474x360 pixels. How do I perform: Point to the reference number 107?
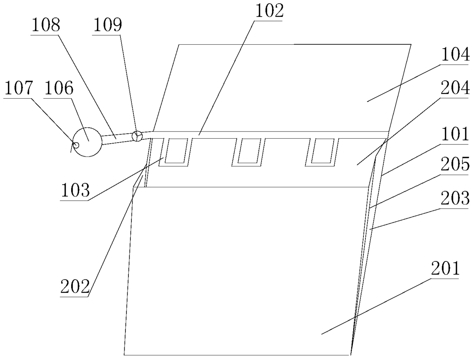(x=18, y=89)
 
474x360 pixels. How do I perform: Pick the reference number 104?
(x=455, y=56)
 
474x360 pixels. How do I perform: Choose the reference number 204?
(x=455, y=89)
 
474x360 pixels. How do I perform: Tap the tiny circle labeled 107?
(x=76, y=145)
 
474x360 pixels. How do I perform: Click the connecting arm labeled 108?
(x=117, y=138)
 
